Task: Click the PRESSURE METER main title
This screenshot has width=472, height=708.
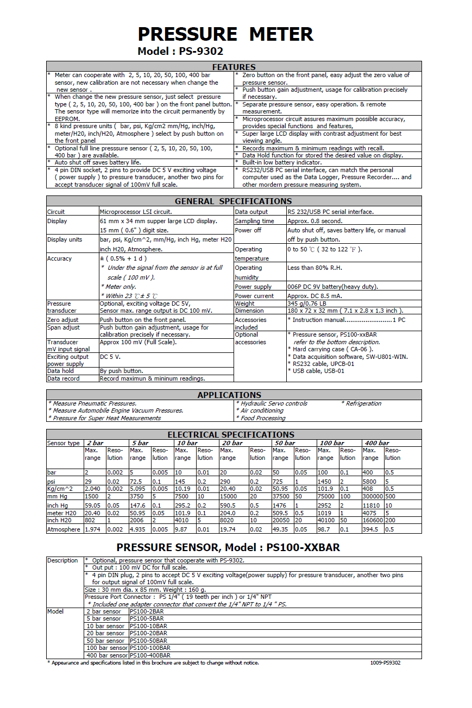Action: [225, 34]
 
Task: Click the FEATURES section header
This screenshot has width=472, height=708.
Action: [234, 67]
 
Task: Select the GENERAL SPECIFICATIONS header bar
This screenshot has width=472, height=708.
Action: [234, 201]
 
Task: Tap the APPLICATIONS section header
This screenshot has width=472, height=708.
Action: [229, 395]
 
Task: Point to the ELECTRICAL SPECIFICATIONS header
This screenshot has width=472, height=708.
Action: [231, 434]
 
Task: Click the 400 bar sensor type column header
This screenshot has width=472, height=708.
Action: [377, 443]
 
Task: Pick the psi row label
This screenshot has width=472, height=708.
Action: [52, 481]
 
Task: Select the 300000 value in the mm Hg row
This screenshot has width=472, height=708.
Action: [373, 496]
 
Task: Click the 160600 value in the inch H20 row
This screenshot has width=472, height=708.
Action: [373, 520]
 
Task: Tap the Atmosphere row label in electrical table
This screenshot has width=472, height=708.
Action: [64, 529]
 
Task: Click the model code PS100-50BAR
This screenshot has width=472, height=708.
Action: [146, 641]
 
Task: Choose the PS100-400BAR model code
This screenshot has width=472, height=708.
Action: [149, 655]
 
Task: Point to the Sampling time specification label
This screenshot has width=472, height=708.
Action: [254, 221]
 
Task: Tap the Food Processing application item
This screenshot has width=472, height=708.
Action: [262, 418]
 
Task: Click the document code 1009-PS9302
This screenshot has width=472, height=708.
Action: [386, 662]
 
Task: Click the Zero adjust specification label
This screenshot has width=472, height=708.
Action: [63, 320]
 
